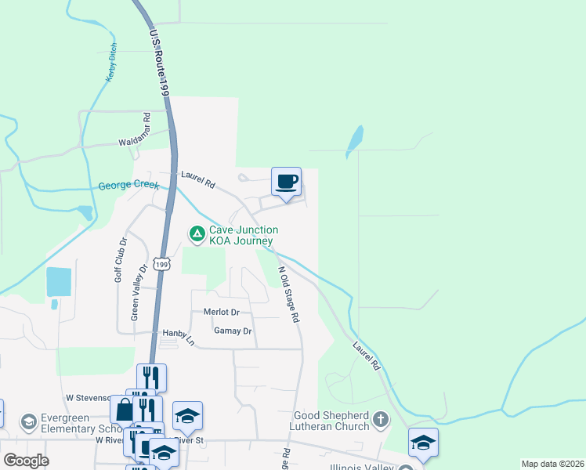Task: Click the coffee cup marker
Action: [286, 182]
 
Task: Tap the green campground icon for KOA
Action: [196, 233]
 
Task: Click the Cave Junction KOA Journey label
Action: [243, 235]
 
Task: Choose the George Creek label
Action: [128, 186]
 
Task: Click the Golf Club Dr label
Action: [120, 260]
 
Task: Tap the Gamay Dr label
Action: [233, 331]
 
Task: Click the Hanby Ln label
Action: [176, 338]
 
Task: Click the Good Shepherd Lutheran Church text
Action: [331, 421]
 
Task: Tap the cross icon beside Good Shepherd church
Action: [382, 420]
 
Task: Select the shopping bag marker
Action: [125, 409]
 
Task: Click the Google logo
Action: [26, 461]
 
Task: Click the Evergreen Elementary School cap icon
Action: [29, 423]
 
